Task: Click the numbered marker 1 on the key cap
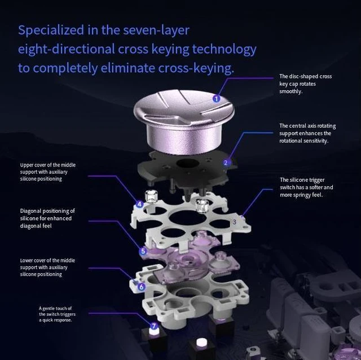(217, 99)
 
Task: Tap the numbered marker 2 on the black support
(226, 163)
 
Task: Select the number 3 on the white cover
(235, 222)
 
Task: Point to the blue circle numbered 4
(139, 204)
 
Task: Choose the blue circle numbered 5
(143, 251)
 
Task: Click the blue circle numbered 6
(142, 287)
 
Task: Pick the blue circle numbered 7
(154, 326)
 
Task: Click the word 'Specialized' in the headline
(51, 30)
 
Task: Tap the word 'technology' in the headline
(224, 50)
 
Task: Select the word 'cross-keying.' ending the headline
(196, 68)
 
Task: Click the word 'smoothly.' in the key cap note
(291, 91)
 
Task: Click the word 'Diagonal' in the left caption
(30, 211)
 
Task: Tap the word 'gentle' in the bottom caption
(49, 309)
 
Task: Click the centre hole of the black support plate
(188, 163)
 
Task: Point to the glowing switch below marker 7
(154, 332)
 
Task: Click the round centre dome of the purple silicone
(186, 260)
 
